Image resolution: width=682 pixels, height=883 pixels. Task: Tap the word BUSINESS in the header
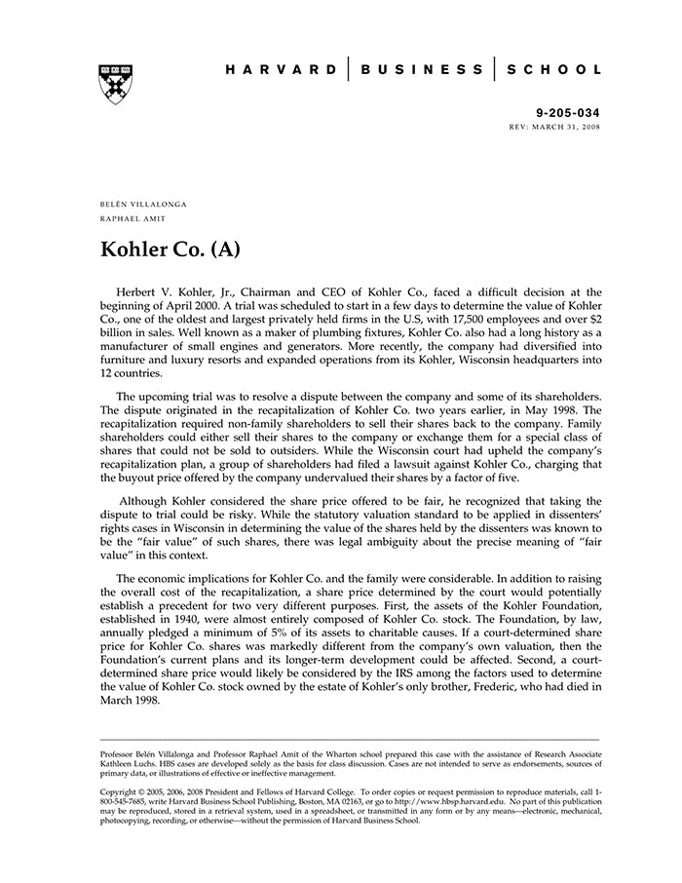(422, 70)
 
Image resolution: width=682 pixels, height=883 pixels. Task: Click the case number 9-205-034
(569, 113)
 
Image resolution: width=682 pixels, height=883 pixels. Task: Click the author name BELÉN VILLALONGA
(143, 204)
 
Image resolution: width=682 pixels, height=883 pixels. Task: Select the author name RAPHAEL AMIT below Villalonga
(133, 218)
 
